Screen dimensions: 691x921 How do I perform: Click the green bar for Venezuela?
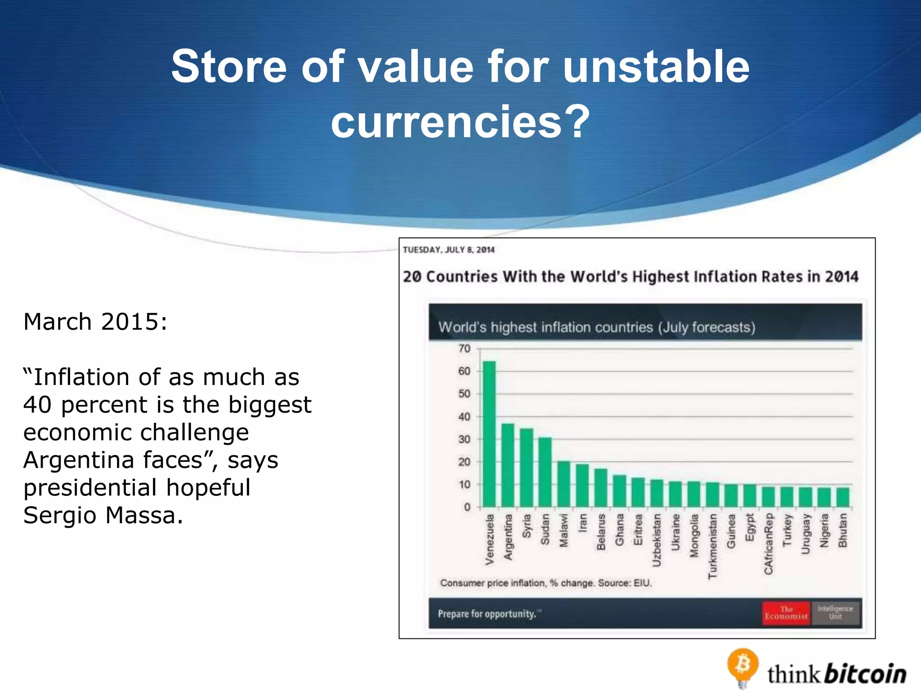point(489,434)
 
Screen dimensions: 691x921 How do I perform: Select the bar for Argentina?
point(508,466)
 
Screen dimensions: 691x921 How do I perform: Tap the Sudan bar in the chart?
point(545,472)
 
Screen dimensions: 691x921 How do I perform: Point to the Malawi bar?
point(563,484)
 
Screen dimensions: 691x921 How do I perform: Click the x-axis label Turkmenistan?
point(712,546)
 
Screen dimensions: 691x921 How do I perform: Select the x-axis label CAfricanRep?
point(768,544)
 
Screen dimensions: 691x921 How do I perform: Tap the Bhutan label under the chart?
point(842,530)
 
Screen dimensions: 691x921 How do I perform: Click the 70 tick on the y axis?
point(464,349)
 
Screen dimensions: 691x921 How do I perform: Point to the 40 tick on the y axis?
point(464,417)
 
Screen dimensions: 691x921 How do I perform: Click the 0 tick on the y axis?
point(467,507)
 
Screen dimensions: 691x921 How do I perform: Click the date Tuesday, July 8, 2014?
point(448,250)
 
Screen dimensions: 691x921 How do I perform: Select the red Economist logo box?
point(786,613)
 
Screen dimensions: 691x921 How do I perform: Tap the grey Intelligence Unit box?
point(835,613)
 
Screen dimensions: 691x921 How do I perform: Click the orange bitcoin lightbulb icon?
point(742,666)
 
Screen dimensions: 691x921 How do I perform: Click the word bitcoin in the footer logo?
point(866,674)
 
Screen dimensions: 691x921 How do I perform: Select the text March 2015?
point(95,322)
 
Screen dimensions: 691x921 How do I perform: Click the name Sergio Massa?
point(103,515)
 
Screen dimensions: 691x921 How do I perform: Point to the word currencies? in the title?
point(460,121)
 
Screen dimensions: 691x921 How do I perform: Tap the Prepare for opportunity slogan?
point(487,614)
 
